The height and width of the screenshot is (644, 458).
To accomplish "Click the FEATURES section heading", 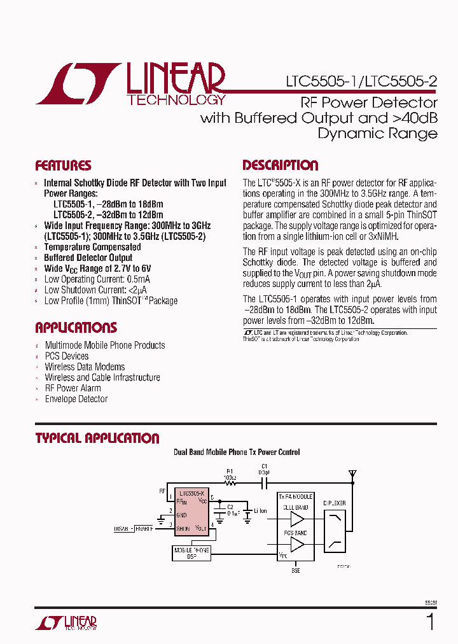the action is tap(63, 165).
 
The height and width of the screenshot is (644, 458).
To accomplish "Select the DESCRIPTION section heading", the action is tap(281, 165).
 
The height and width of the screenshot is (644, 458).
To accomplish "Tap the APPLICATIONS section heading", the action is tap(76, 328).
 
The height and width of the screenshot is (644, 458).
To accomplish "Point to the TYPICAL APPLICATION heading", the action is tap(97, 438).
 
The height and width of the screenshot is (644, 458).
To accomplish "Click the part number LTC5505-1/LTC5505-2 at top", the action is tap(361, 82).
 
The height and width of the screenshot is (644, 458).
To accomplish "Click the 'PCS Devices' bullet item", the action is tap(67, 356).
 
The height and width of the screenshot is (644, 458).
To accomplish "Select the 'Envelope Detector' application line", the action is tap(76, 399).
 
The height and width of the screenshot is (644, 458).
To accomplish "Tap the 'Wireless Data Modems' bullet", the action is tap(85, 367).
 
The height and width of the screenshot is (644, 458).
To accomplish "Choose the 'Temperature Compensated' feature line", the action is tap(92, 247).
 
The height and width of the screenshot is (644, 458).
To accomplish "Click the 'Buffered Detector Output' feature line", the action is tap(88, 258).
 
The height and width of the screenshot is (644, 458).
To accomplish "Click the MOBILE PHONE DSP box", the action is tap(191, 552).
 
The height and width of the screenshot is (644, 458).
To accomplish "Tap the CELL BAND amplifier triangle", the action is tap(296, 519).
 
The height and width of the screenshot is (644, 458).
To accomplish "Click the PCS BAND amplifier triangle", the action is tap(296, 544).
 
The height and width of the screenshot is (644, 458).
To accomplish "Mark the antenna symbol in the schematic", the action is tap(351, 475).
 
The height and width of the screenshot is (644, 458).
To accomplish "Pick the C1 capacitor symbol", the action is tap(263, 483).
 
